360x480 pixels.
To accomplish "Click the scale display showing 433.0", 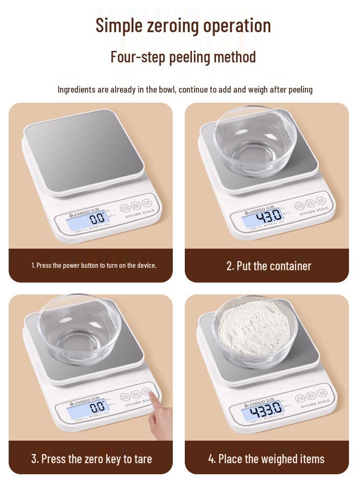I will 262,411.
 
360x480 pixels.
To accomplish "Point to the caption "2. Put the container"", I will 269,266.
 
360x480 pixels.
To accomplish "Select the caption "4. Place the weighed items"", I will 266,458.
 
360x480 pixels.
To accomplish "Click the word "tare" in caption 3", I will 142,458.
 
